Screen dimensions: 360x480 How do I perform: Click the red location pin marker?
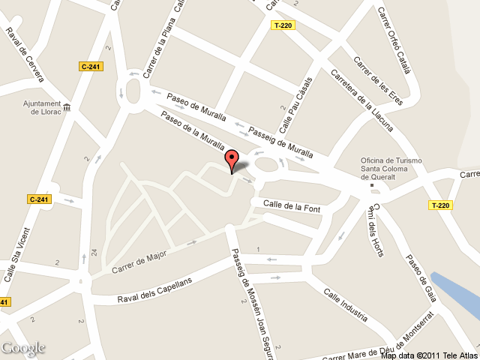tap(232, 160)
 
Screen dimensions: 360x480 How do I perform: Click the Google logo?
tap(22, 348)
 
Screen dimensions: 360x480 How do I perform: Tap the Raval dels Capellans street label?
tap(155, 290)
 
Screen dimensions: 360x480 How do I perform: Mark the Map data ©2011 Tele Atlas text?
tap(428, 355)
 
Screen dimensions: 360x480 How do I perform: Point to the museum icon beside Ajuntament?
tap(67, 108)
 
